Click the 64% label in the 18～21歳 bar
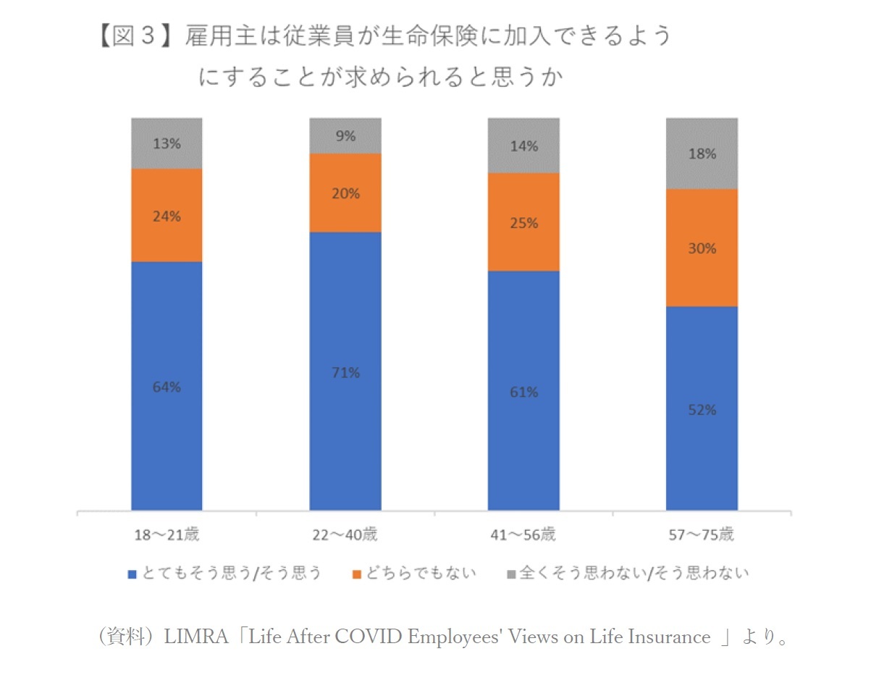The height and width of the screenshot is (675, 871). (167, 387)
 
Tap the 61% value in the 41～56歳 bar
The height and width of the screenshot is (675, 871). (523, 392)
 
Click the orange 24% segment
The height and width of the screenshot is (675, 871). (167, 215)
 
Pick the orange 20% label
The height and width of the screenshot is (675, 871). (345, 193)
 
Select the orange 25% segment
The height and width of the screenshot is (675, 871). (523, 222)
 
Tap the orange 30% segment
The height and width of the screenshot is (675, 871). (702, 248)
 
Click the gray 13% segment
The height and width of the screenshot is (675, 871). (167, 143)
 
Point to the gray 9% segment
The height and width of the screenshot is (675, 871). (345, 135)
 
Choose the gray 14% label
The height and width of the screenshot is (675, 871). (523, 146)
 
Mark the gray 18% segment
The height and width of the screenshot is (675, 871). (702, 154)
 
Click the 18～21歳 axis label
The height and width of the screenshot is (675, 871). (167, 536)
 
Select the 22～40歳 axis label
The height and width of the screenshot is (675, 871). (345, 536)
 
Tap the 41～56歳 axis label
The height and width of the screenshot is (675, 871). (523, 536)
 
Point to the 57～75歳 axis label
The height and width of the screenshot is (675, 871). (702, 536)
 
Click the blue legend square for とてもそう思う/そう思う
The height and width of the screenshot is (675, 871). (132, 574)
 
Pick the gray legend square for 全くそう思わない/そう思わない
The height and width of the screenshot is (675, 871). (510, 574)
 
